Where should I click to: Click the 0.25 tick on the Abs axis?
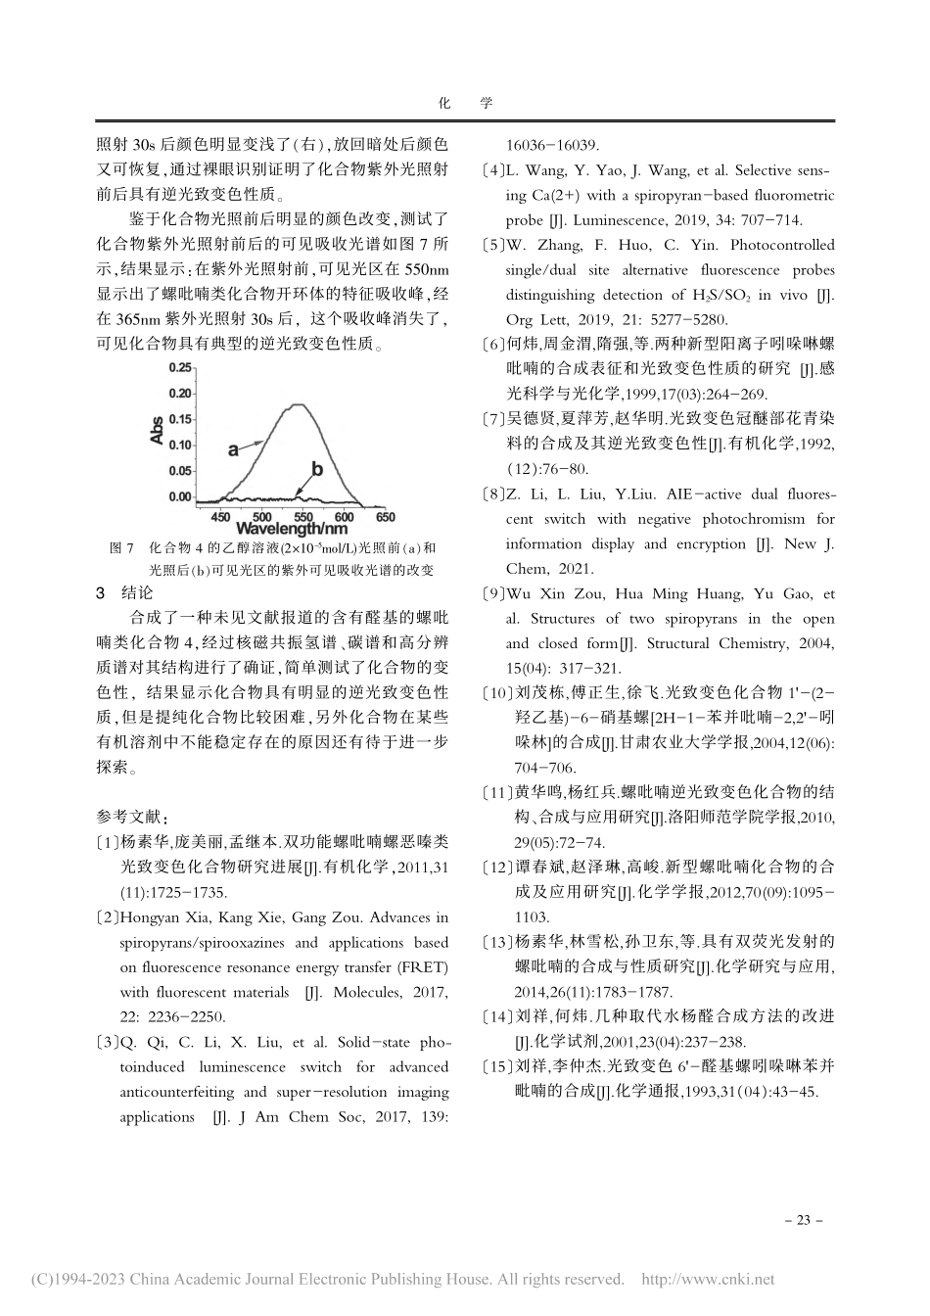[180, 367]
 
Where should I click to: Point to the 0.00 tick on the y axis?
[180, 497]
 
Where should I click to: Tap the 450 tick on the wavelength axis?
[221, 517]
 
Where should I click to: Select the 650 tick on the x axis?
[386, 517]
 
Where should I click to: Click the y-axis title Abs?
[157, 432]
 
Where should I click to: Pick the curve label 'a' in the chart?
[233, 449]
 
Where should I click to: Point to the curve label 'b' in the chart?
[316, 470]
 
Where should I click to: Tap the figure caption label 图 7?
[121, 548]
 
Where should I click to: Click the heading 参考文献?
[130, 816]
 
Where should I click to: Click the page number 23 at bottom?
[804, 1220]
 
